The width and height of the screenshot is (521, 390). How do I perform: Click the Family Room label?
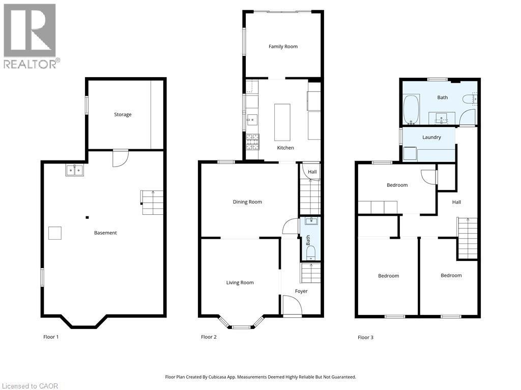point(283,47)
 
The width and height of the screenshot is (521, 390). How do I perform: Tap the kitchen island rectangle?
point(282,122)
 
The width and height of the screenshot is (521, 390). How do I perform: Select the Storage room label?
point(123,115)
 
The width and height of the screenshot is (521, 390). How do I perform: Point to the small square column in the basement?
point(88,218)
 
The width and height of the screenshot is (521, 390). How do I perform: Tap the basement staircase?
point(152,202)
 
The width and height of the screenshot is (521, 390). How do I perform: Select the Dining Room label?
point(247,202)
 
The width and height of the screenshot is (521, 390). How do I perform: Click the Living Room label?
point(240,283)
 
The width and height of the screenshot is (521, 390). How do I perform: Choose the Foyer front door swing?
point(292,306)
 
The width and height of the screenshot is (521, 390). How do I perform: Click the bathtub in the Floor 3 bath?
point(411,109)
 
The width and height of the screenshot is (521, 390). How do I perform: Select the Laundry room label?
point(431,137)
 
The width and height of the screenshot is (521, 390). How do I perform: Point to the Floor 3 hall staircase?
point(468,238)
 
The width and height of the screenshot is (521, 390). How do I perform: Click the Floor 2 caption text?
point(209,337)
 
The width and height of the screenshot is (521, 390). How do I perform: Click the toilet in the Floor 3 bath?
point(469,100)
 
